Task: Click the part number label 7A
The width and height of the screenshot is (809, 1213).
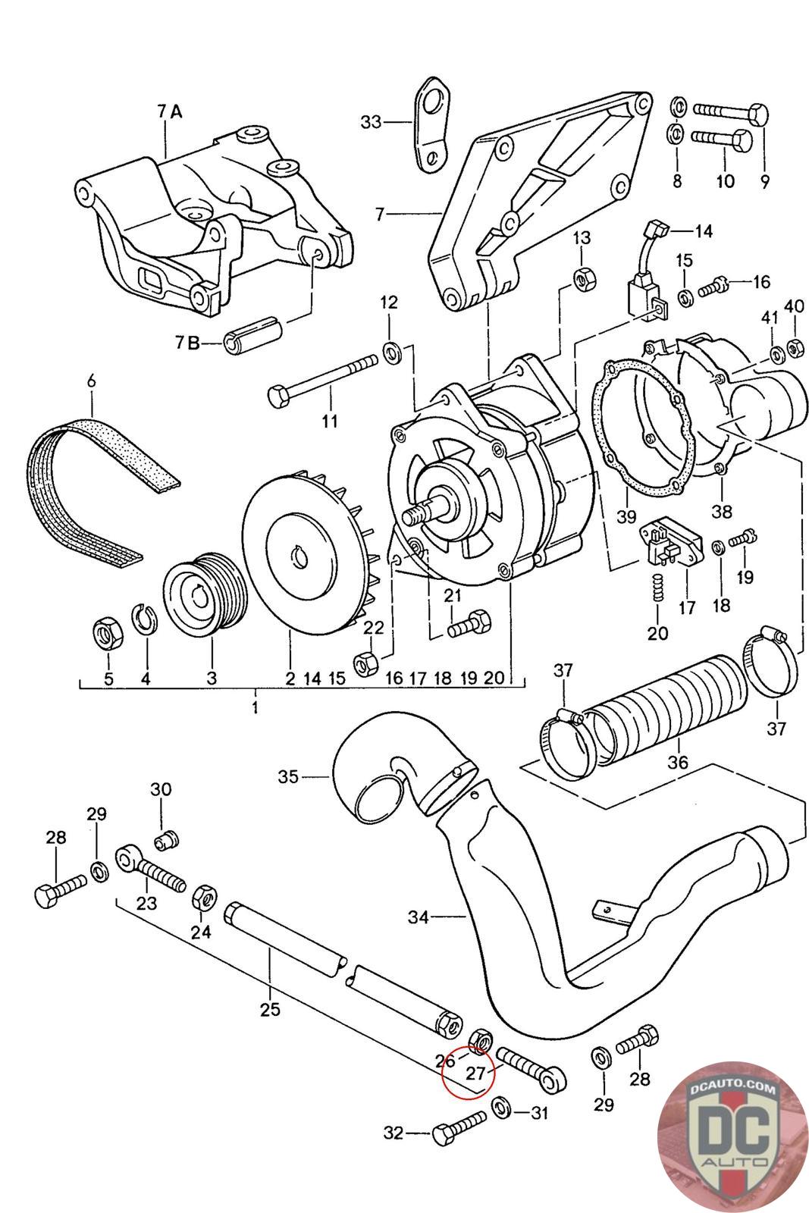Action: point(170,111)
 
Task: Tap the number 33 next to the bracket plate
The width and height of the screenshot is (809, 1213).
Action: point(371,122)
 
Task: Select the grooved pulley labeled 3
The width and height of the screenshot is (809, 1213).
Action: point(205,594)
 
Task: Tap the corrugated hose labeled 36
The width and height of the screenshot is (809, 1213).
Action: point(669,705)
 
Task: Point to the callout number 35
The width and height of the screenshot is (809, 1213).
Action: point(288,777)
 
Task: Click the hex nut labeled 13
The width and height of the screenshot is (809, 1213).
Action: point(585,278)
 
